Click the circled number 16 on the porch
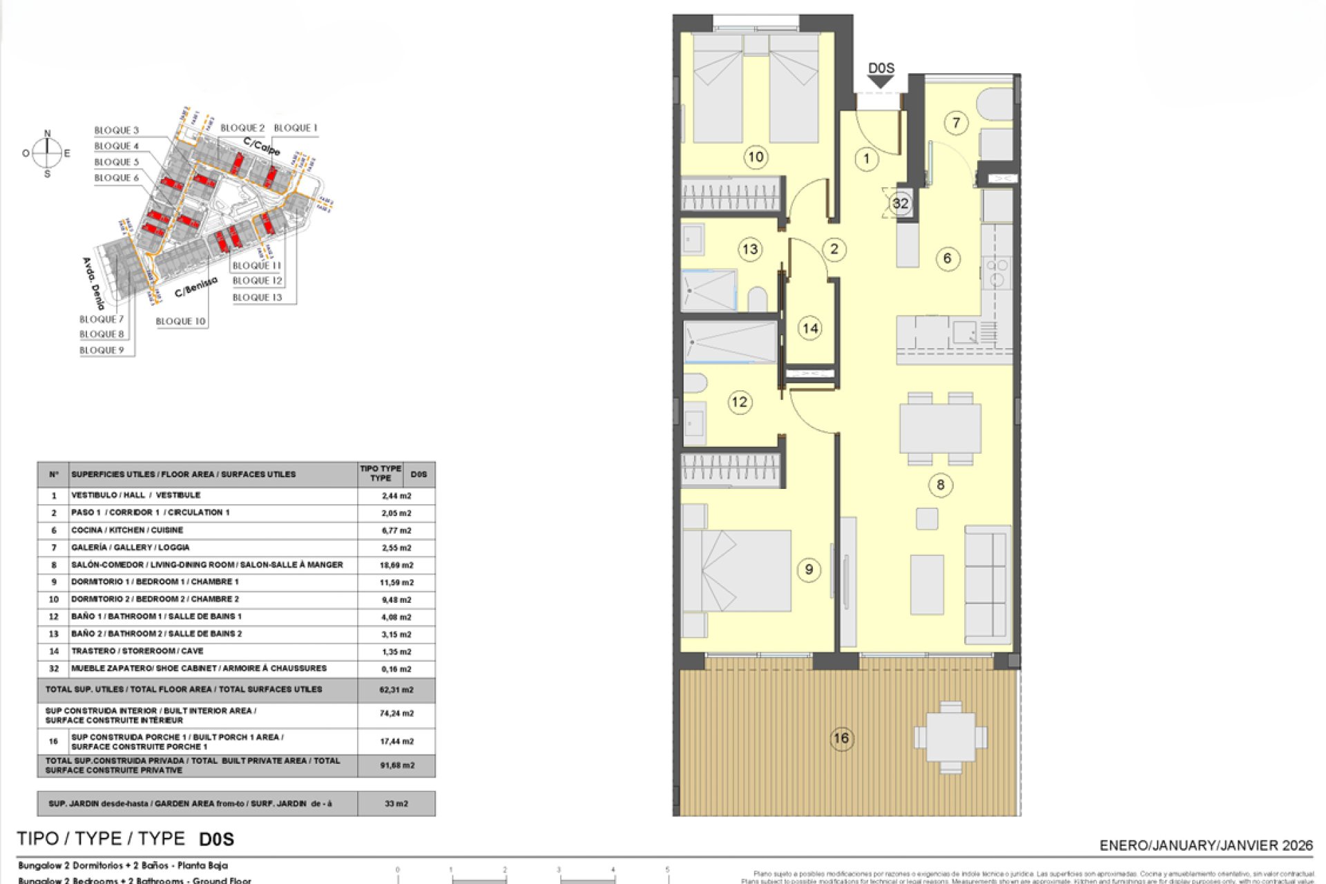pyautogui.click(x=840, y=738)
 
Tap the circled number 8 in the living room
pyautogui.click(x=940, y=485)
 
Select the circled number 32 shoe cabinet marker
pyautogui.click(x=900, y=203)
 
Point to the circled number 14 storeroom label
pyautogui.click(x=809, y=328)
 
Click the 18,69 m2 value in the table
pyautogui.click(x=396, y=565)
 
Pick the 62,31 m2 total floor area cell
pyautogui.click(x=396, y=689)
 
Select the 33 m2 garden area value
pyautogui.click(x=396, y=804)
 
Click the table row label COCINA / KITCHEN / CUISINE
pyautogui.click(x=127, y=530)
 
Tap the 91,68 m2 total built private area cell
pyautogui.click(x=396, y=765)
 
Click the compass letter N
pyautogui.click(x=47, y=133)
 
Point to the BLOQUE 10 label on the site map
pyautogui.click(x=180, y=321)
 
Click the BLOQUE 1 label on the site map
pyautogui.click(x=295, y=128)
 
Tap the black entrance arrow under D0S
pyautogui.click(x=881, y=82)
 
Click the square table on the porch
pyautogui.click(x=950, y=737)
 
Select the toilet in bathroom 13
pyautogui.click(x=758, y=300)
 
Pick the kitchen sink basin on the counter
pyautogui.click(x=964, y=332)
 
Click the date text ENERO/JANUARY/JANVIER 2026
pyautogui.click(x=1205, y=845)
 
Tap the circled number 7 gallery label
pyautogui.click(x=956, y=123)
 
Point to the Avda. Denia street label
pyautogui.click(x=93, y=283)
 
